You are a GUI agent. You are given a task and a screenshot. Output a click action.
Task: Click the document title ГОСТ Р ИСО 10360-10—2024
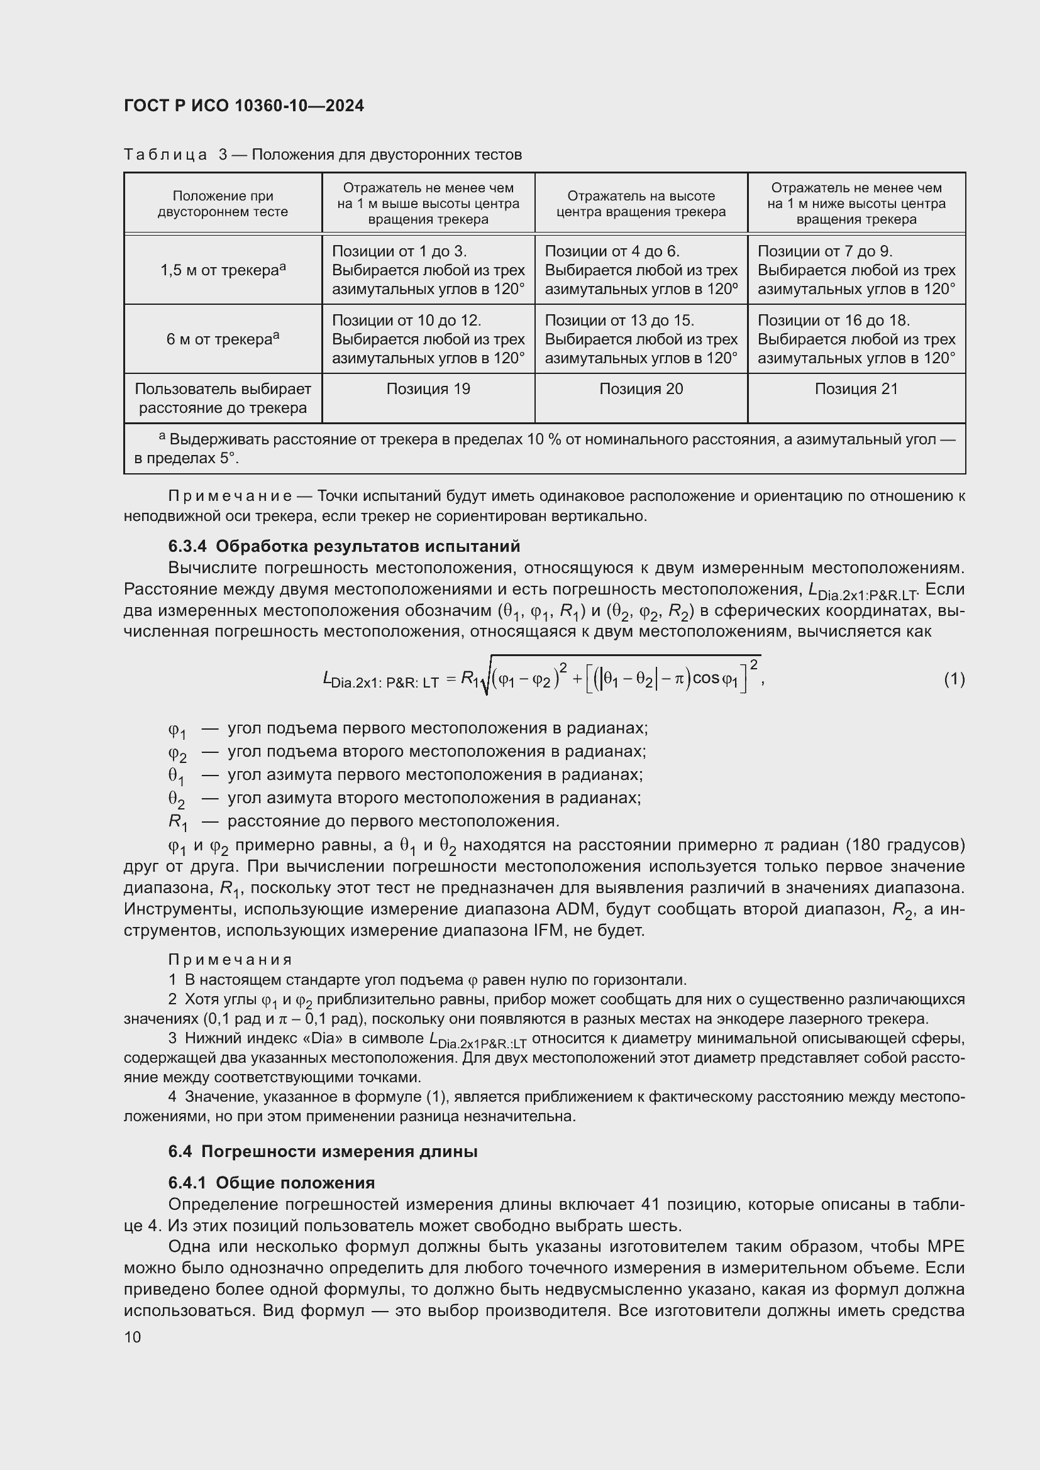pyautogui.click(x=244, y=106)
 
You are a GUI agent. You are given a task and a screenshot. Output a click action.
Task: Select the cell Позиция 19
pyautogui.click(x=428, y=389)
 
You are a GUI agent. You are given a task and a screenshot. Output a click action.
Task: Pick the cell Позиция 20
pyautogui.click(x=641, y=389)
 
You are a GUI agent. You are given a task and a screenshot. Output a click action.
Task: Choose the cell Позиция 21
pyautogui.click(x=856, y=389)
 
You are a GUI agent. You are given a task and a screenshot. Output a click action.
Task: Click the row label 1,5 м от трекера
pyautogui.click(x=222, y=270)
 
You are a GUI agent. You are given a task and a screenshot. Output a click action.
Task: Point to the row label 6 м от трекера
pyautogui.click(x=222, y=339)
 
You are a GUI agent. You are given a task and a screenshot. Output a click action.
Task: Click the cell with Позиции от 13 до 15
pyautogui.click(x=641, y=339)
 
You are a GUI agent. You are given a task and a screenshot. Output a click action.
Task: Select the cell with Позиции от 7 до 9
pyautogui.click(x=856, y=270)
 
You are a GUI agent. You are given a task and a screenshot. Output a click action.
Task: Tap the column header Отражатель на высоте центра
pyautogui.click(x=641, y=204)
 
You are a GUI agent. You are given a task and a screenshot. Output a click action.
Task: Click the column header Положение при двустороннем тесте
pyautogui.click(x=222, y=204)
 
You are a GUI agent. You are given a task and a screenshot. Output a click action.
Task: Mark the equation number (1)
pyautogui.click(x=954, y=679)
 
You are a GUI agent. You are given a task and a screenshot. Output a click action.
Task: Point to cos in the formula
pyautogui.click(x=705, y=679)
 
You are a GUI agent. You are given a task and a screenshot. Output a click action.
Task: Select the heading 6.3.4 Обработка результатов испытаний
pyautogui.click(x=344, y=547)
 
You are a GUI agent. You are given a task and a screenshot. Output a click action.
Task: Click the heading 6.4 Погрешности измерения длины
pyautogui.click(x=323, y=1152)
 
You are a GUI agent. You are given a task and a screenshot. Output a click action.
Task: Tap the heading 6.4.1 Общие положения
pyautogui.click(x=272, y=1183)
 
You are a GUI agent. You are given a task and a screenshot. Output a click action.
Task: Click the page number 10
pyautogui.click(x=133, y=1337)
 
